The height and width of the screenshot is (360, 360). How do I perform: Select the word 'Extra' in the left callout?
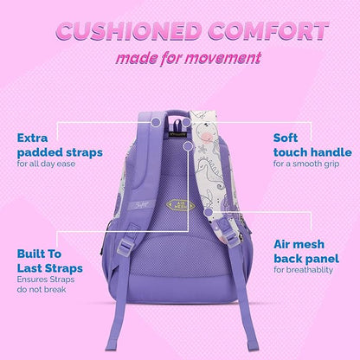click(x=34, y=137)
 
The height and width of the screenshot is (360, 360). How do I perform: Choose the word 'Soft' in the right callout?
click(x=287, y=137)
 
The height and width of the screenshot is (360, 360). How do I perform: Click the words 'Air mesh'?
click(x=299, y=244)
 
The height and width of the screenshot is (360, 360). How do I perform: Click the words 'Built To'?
click(x=42, y=255)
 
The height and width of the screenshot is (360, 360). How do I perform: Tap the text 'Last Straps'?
click(x=51, y=269)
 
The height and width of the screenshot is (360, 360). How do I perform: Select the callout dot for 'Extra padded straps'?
click(x=155, y=124)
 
